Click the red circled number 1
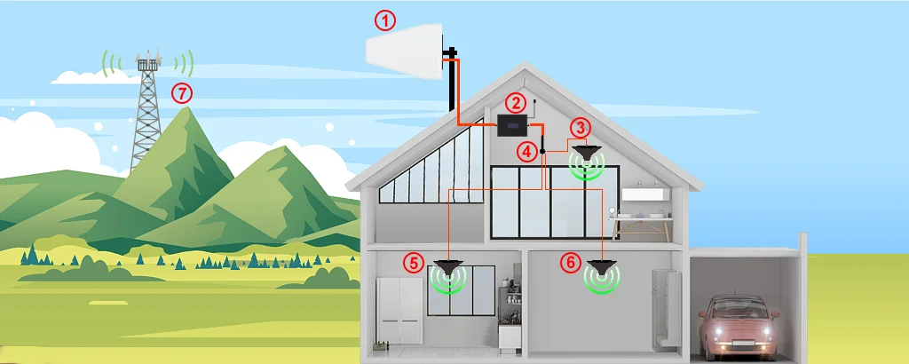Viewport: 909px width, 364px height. point(383,19)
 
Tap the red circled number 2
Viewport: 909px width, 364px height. point(516,102)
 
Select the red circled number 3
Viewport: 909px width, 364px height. point(579,127)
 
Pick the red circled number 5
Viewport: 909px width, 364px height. point(413,262)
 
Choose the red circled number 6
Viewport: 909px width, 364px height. point(571,262)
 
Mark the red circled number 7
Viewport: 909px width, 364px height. point(181,92)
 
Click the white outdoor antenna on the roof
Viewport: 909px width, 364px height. point(406,50)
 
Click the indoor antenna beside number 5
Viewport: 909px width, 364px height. point(449,266)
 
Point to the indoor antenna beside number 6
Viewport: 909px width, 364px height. point(603,266)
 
